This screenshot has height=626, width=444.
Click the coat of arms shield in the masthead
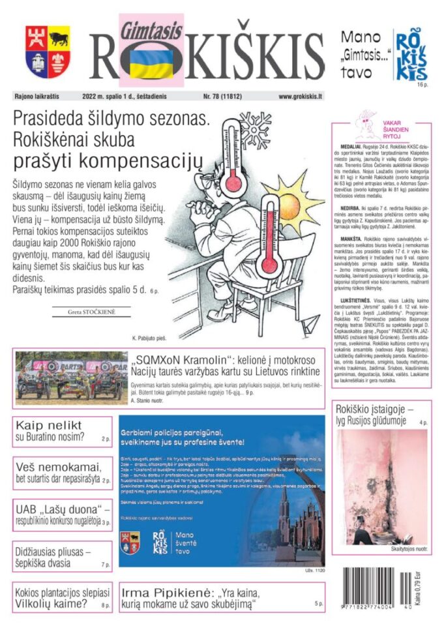[48, 52]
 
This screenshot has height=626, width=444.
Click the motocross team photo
[71, 376]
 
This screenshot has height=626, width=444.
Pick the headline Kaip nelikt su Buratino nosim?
[59, 431]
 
